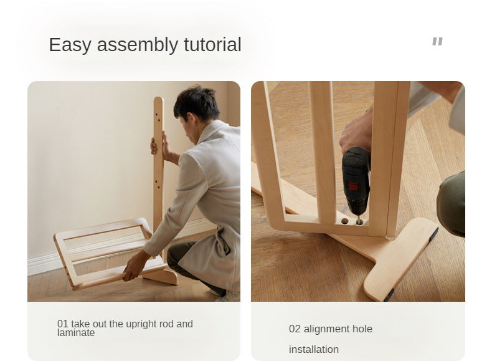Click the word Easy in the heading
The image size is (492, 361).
click(x=70, y=45)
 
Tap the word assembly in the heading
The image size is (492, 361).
click(x=138, y=45)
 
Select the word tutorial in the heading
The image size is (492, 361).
click(x=212, y=44)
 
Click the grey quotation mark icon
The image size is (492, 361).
click(x=437, y=41)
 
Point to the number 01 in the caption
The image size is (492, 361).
click(x=63, y=324)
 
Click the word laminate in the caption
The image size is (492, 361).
click(x=76, y=333)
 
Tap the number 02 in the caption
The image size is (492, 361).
click(x=295, y=329)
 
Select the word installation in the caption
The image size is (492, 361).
click(x=314, y=349)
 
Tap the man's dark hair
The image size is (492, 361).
click(x=197, y=101)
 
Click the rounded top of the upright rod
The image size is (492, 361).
click(x=158, y=101)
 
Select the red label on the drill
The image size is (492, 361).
click(x=353, y=186)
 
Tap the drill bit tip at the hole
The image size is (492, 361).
click(x=359, y=222)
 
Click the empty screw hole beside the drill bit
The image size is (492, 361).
click(x=345, y=221)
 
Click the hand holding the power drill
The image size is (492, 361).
click(x=356, y=132)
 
